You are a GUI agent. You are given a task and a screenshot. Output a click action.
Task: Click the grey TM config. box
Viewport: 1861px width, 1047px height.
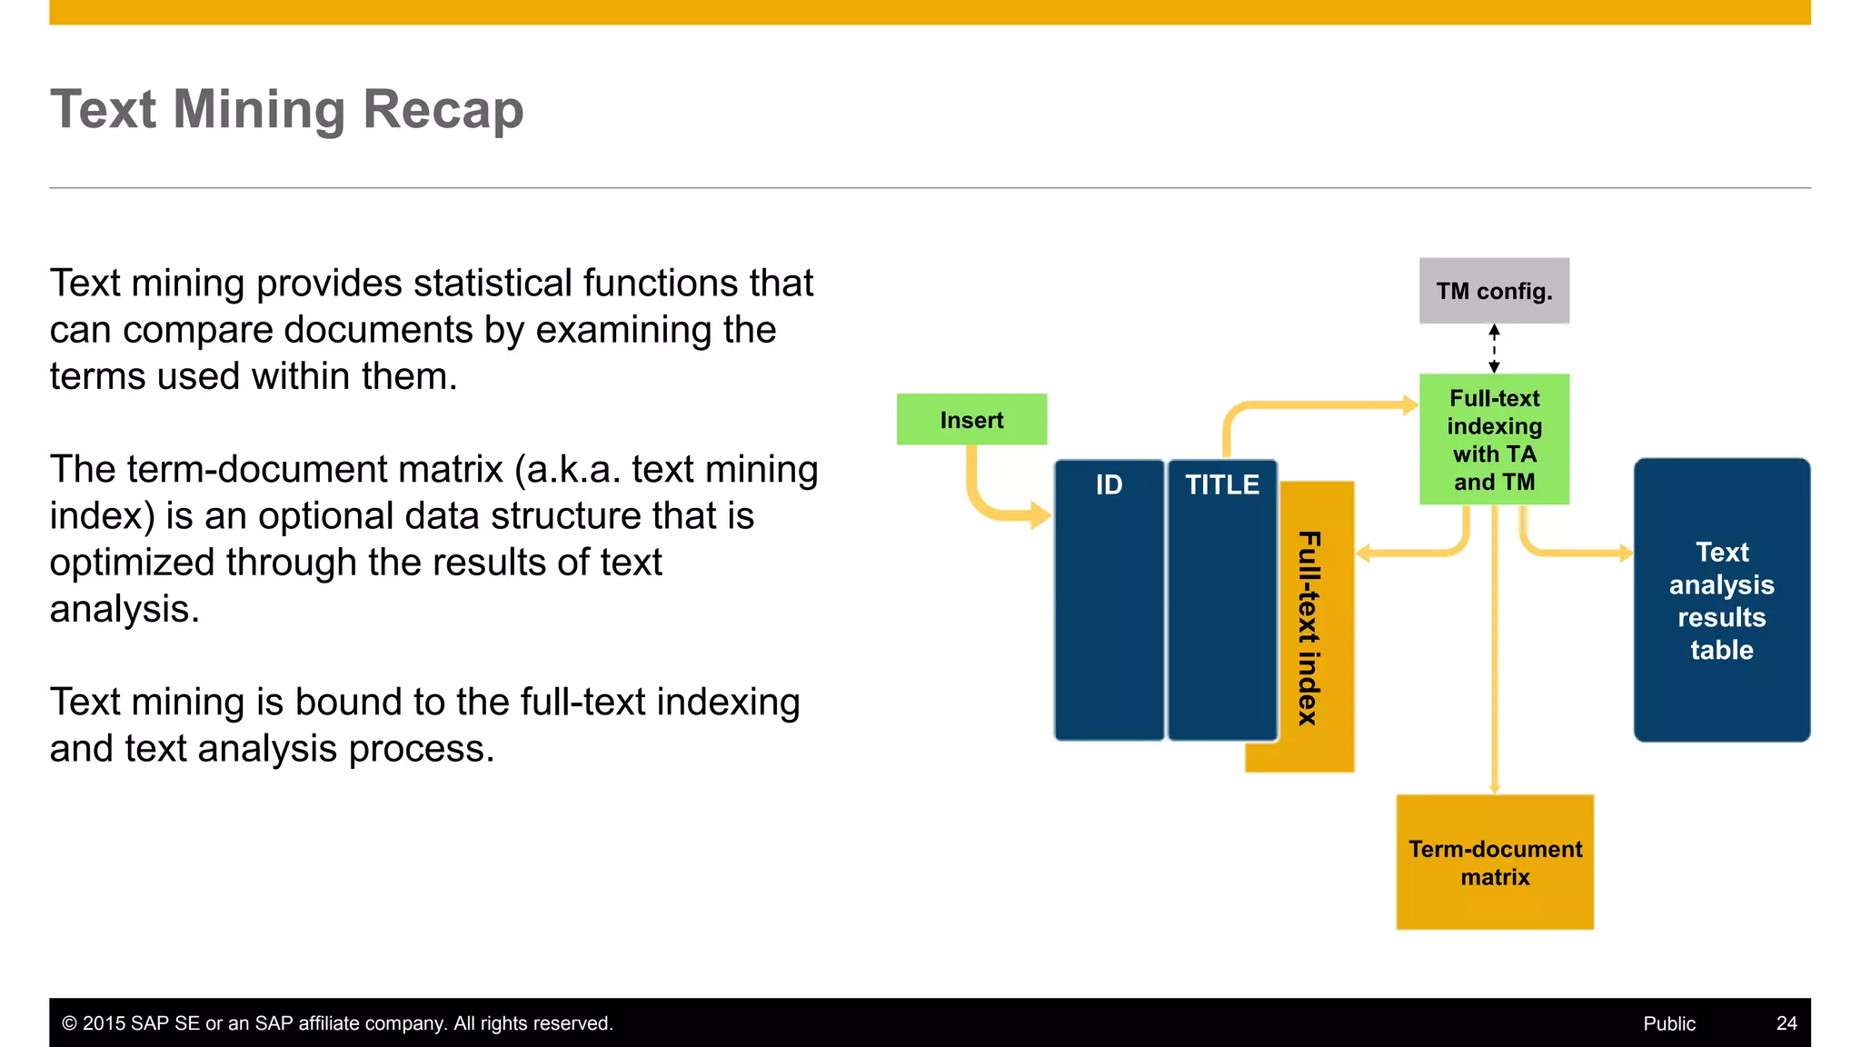click(1494, 291)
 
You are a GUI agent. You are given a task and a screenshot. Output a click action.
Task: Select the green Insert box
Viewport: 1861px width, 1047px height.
click(971, 420)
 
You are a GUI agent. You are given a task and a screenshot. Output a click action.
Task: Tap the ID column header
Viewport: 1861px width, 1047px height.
click(1109, 484)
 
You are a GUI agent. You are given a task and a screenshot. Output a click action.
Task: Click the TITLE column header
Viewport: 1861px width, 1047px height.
click(1222, 484)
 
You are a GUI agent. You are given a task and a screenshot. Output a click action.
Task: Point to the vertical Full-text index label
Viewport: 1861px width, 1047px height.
click(1309, 627)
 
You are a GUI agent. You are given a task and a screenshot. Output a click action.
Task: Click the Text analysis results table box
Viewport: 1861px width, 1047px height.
click(1721, 600)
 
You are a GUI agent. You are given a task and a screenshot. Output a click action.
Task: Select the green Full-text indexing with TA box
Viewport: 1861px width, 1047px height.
click(1494, 439)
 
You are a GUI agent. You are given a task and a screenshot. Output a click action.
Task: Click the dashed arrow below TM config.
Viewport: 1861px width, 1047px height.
click(1494, 349)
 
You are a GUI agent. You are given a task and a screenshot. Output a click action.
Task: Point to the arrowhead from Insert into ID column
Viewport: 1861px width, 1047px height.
click(1040, 515)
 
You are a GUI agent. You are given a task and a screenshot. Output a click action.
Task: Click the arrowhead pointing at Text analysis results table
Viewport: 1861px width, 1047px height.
click(1626, 553)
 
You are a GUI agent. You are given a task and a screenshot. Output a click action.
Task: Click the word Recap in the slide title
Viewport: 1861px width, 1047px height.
click(443, 109)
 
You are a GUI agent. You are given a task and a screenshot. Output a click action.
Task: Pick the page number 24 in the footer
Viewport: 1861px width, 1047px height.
click(1786, 1023)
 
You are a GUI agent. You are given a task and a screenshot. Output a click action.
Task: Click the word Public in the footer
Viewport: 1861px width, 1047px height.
click(1668, 1023)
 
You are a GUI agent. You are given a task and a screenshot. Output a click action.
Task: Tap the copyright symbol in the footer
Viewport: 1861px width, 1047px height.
click(69, 1023)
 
